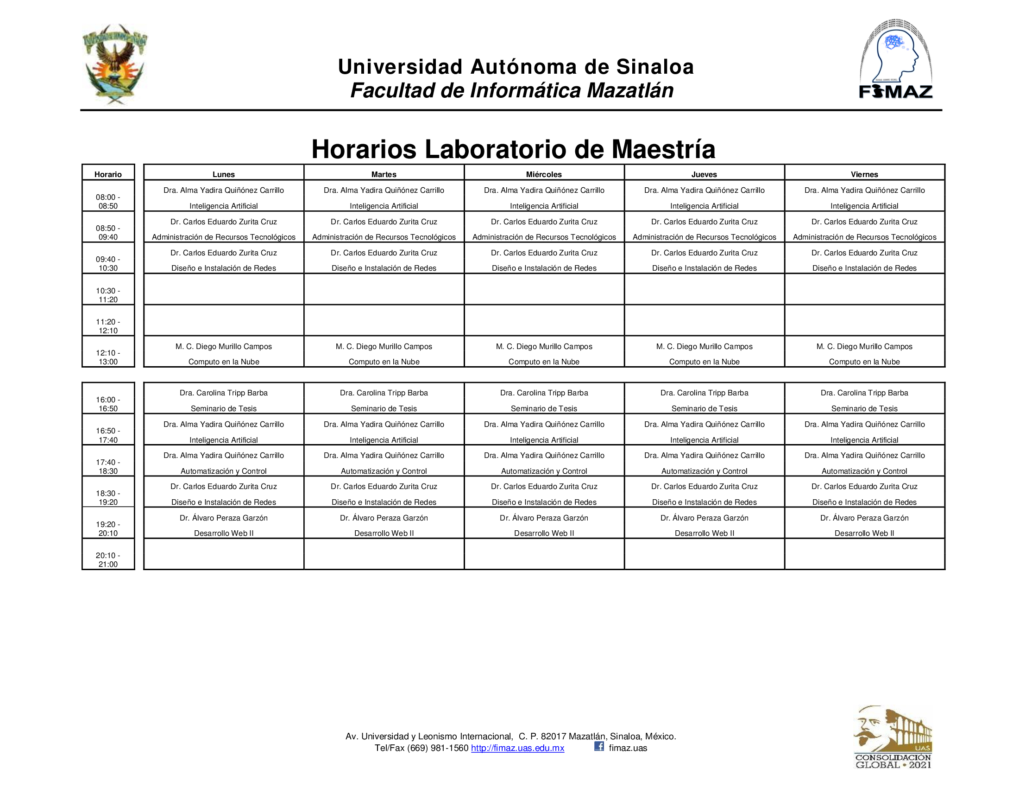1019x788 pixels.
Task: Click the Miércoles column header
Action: [x=544, y=174]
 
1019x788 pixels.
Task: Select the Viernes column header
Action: [x=864, y=174]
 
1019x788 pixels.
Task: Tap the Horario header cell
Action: [x=108, y=174]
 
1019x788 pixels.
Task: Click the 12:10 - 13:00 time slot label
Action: [x=108, y=357]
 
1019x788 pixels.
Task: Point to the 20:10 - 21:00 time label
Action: [x=108, y=560]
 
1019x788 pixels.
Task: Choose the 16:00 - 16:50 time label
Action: [x=108, y=404]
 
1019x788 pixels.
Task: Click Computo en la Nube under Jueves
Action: [x=704, y=362]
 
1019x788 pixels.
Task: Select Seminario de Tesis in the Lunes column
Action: [x=224, y=408]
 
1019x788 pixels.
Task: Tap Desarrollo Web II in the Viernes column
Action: [x=864, y=533]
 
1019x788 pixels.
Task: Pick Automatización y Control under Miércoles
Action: [x=544, y=471]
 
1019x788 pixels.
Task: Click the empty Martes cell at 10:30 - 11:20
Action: [x=384, y=289]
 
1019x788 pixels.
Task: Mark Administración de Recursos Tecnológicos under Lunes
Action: [x=224, y=237]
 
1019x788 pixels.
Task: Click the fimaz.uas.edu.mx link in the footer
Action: [x=517, y=748]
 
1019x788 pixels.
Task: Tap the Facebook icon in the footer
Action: [x=599, y=746]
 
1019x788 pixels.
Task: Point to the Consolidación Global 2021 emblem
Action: [x=893, y=737]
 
